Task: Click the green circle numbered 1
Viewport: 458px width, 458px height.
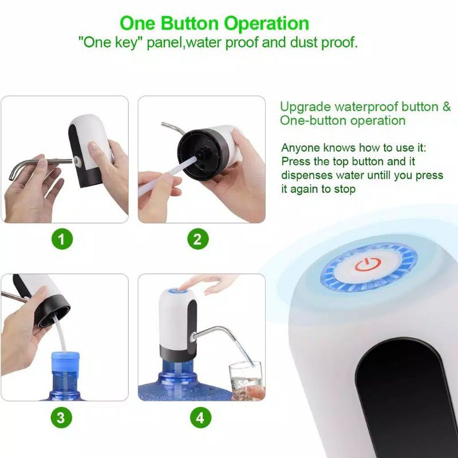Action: (62, 239)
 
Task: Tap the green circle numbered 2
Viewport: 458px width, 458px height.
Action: (198, 239)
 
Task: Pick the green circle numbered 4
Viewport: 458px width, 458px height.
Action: (201, 417)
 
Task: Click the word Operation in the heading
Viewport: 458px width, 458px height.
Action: (266, 24)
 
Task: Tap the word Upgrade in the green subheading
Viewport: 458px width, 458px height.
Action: (306, 107)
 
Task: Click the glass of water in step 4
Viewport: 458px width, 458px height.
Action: (246, 380)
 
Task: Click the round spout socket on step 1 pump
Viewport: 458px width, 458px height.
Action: (77, 160)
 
